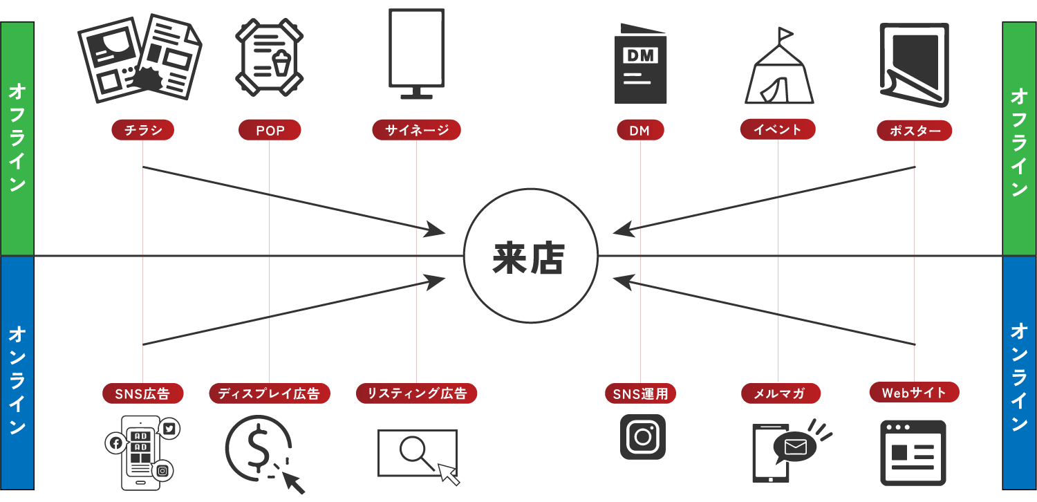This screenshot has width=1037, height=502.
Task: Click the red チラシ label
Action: pos(142,130)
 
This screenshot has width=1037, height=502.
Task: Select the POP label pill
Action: pos(270,130)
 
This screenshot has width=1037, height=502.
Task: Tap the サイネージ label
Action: pos(416,130)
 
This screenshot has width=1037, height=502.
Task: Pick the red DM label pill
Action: pos(640,130)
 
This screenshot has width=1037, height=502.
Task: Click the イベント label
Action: pos(778,129)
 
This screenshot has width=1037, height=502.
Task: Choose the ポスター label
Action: pos(914,131)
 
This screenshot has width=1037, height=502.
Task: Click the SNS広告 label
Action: pos(142,393)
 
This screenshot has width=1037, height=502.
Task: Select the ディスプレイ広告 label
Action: pos(269,393)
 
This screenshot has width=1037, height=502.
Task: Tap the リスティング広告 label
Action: pos(417,393)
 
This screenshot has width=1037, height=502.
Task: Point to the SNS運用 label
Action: pos(640,394)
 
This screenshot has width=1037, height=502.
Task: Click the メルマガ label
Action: pos(781,394)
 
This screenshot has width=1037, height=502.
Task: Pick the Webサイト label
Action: pos(914,392)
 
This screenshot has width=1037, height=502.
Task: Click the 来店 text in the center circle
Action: pos(529,259)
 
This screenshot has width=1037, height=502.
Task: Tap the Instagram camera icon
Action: pos(642,436)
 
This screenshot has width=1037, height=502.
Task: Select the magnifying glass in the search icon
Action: pos(413,449)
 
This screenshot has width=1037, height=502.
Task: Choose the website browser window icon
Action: pos(913,452)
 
